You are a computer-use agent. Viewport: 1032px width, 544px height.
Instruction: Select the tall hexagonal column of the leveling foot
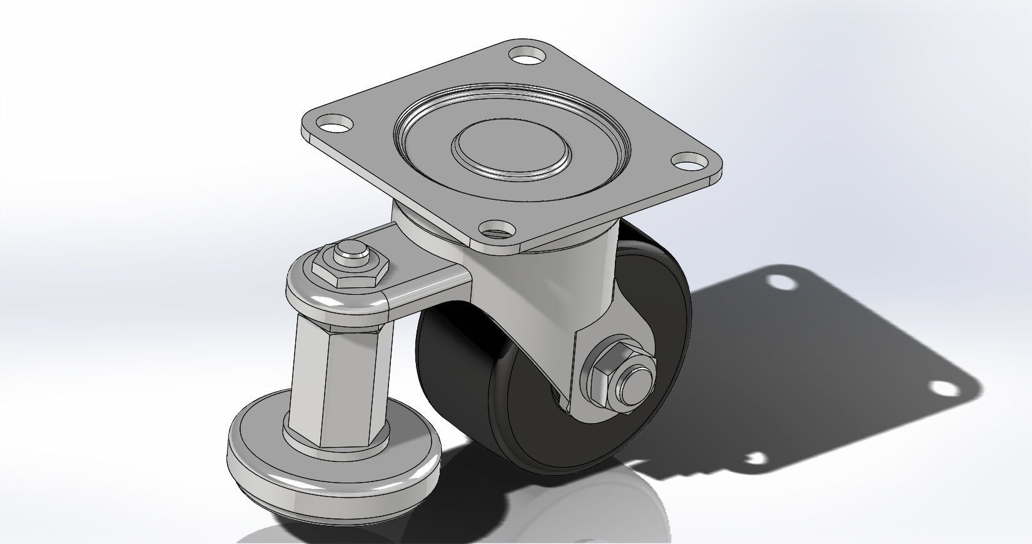tap(338, 382)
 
